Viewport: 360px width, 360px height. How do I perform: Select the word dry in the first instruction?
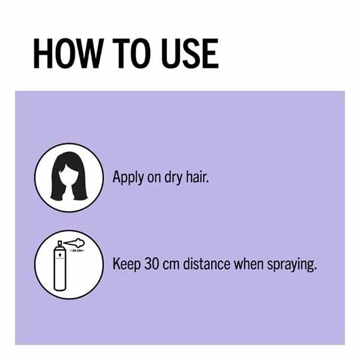click(x=172, y=178)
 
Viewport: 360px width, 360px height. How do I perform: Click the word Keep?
click(x=127, y=265)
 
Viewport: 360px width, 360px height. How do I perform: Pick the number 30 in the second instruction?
click(x=152, y=264)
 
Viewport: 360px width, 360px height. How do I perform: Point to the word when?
click(x=251, y=264)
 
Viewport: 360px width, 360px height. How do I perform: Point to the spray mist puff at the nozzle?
click(x=66, y=244)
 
